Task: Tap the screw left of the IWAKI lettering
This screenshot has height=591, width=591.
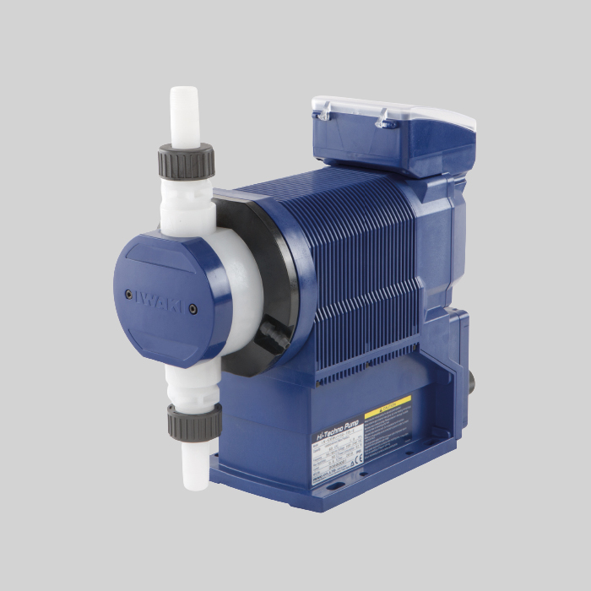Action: click(x=128, y=295)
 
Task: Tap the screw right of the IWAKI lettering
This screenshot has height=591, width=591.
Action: click(x=193, y=308)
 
